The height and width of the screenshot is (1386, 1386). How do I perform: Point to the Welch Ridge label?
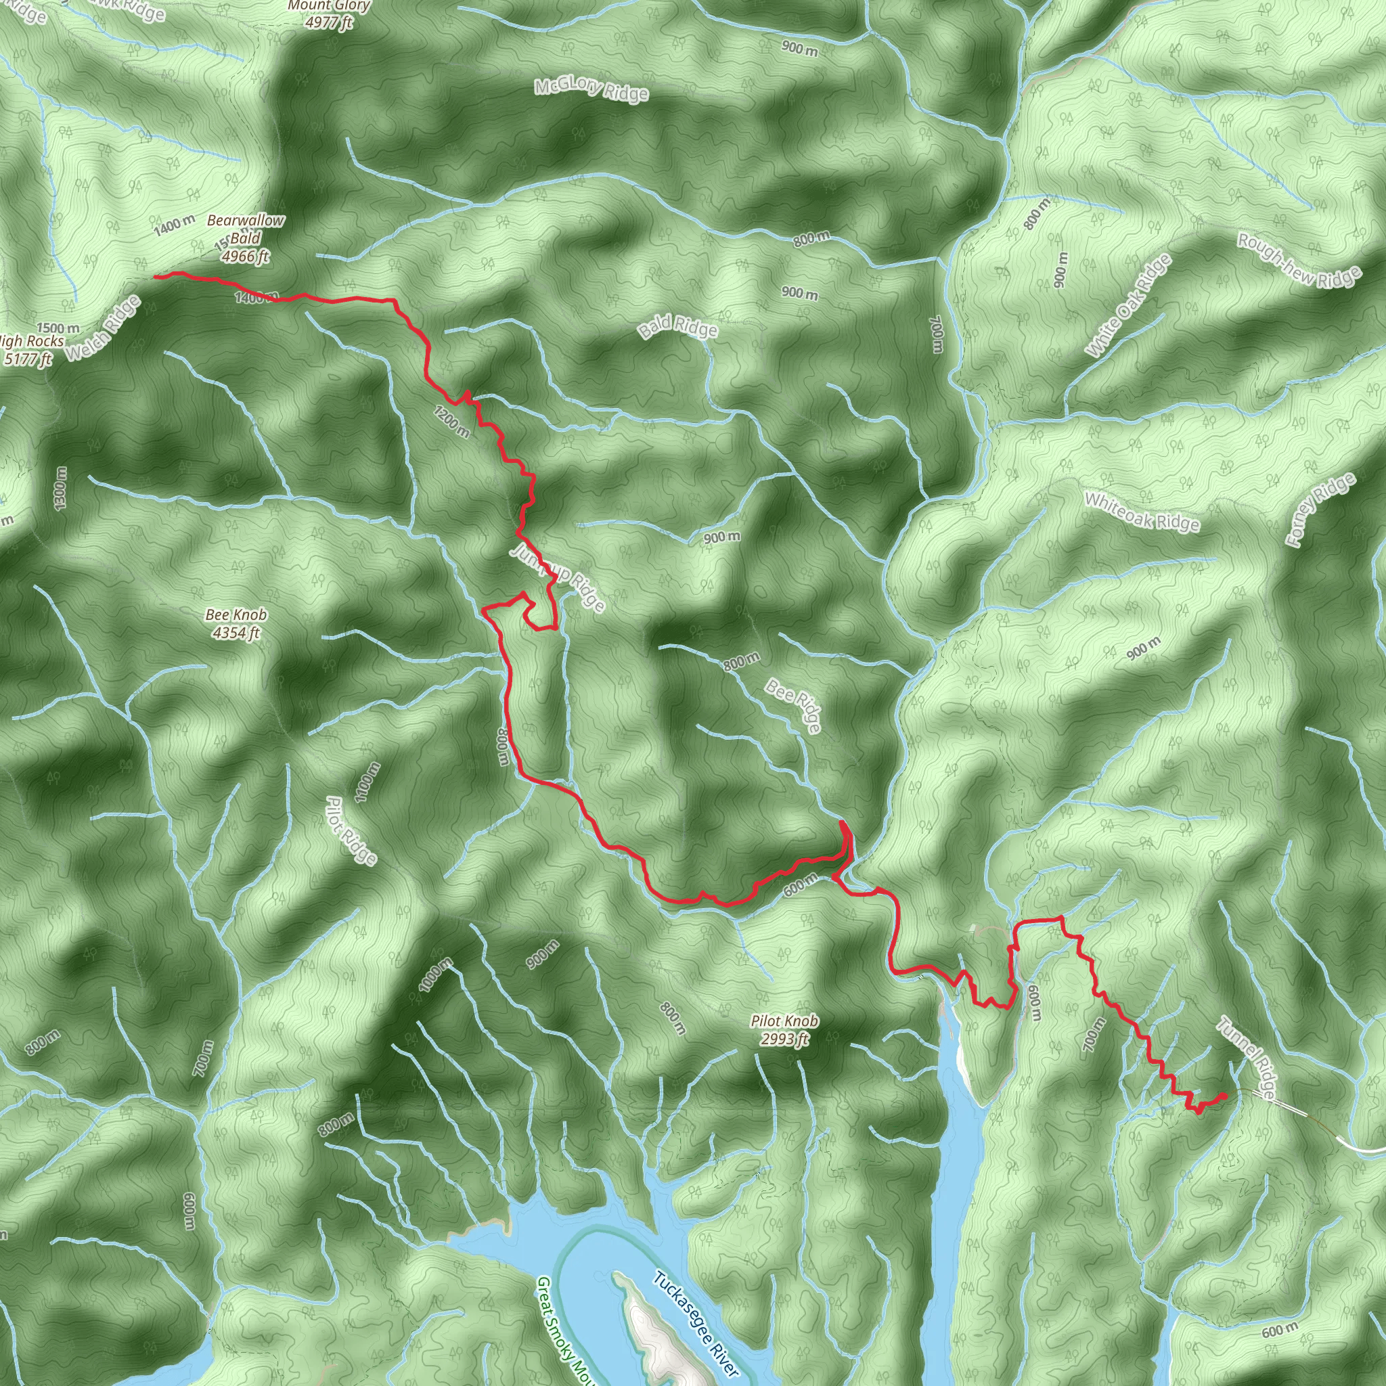[103, 328]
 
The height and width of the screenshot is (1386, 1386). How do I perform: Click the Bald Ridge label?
[677, 327]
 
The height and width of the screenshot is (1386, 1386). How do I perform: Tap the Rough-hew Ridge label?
[1299, 260]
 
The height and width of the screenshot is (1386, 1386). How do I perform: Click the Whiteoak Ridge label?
[1142, 512]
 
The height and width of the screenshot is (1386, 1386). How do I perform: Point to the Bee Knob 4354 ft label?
[236, 623]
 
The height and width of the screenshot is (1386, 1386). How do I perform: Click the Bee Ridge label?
[792, 707]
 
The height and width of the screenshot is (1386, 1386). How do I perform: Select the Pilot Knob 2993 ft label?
[785, 1030]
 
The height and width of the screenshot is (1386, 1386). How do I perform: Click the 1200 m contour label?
[452, 421]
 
